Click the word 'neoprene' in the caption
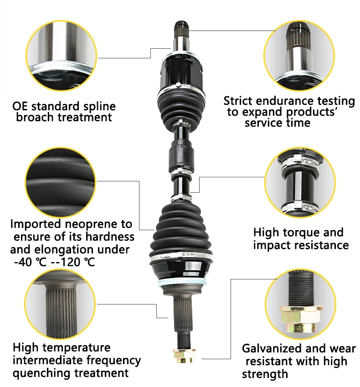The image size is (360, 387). [102, 224]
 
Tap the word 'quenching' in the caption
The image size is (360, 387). [42, 373]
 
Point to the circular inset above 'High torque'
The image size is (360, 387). [300, 181]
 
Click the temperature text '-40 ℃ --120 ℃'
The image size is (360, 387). [55, 263]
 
